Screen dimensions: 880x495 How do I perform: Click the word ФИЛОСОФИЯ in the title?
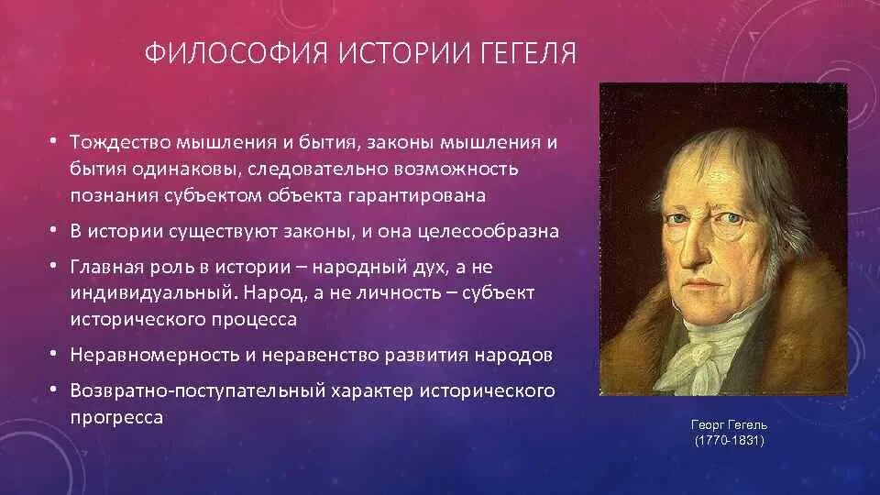pyautogui.click(x=236, y=53)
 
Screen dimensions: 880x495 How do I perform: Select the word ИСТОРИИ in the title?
pyautogui.click(x=404, y=53)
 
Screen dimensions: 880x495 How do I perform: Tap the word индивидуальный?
pyautogui.click(x=151, y=293)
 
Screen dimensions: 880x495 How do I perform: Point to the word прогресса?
pyautogui.click(x=116, y=418)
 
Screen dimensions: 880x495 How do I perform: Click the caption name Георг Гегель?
pyautogui.click(x=729, y=424)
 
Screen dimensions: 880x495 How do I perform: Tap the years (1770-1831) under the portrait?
pyautogui.click(x=729, y=441)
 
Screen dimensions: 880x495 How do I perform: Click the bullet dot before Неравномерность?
pyautogui.click(x=53, y=354)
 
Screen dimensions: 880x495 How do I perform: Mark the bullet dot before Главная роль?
pyautogui.click(x=53, y=266)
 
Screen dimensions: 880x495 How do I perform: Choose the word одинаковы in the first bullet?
pyautogui.click(x=183, y=169)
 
